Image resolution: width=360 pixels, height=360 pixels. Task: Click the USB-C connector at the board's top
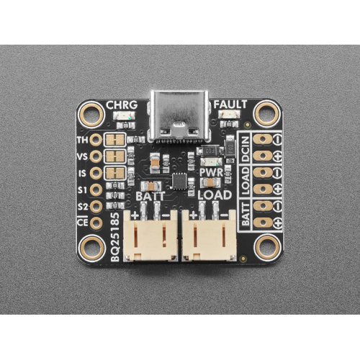tap(179, 116)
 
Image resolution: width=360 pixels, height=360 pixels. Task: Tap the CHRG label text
tap(122, 105)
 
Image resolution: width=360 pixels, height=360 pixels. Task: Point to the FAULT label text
tap(230, 104)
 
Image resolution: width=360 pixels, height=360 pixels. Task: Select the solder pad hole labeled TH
tap(96, 140)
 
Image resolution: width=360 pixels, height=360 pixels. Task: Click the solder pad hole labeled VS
tap(96, 156)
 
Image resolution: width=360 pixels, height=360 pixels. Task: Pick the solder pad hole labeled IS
tap(96, 173)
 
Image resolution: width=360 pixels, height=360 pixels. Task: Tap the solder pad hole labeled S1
tap(96, 190)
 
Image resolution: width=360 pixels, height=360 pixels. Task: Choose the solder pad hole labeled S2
tap(96, 207)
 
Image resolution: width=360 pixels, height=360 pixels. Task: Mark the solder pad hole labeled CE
tap(96, 223)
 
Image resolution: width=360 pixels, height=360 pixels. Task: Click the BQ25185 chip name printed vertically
tap(115, 237)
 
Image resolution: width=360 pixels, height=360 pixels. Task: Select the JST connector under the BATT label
tap(150, 235)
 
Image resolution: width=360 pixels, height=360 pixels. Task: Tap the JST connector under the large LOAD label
tap(209, 235)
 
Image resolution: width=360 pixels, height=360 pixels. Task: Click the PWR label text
tap(212, 173)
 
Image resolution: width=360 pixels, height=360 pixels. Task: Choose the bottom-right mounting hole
tap(268, 248)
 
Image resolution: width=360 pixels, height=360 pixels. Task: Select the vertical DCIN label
tap(245, 149)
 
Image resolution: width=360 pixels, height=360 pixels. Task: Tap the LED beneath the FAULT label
tap(230, 114)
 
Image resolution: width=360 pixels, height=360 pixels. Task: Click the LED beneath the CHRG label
tap(124, 116)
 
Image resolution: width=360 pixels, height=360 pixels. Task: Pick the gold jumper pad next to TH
tap(115, 140)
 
